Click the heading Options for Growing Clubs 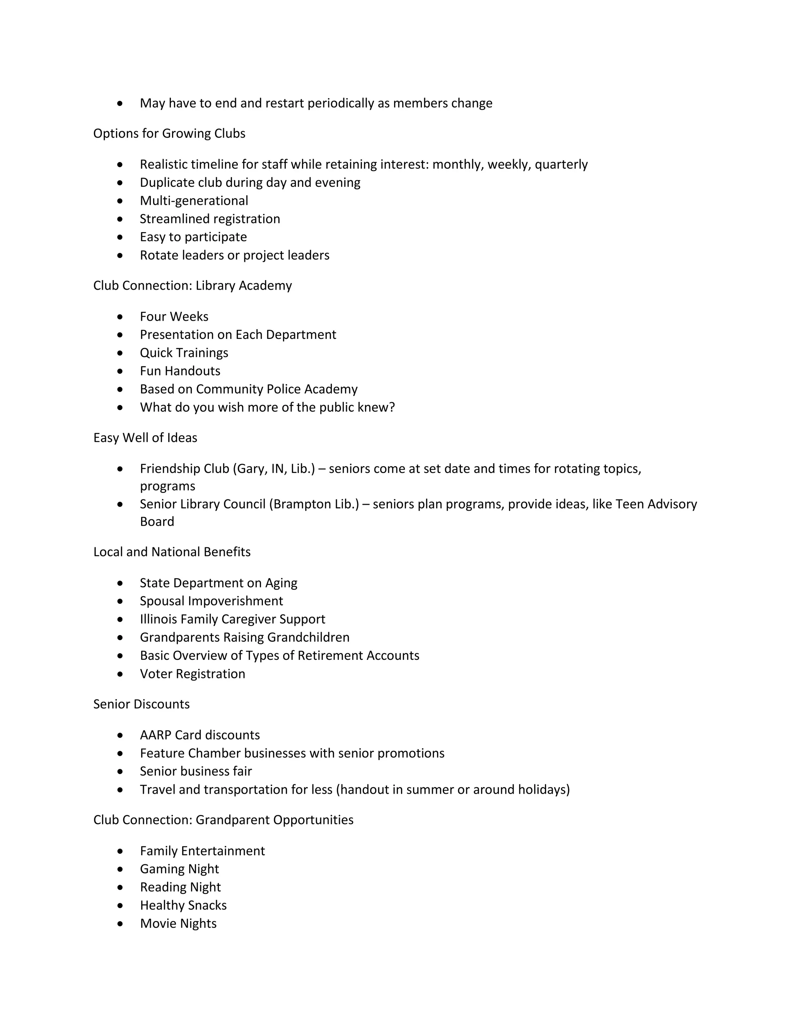[x=169, y=134]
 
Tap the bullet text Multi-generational [x=194, y=201]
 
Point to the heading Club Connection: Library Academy [x=192, y=286]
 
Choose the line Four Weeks [x=174, y=317]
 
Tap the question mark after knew [x=392, y=407]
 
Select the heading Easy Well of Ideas [x=145, y=438]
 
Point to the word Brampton [x=299, y=504]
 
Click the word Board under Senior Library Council [x=157, y=522]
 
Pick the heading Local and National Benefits [x=172, y=552]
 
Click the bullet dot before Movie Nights [x=121, y=924]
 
